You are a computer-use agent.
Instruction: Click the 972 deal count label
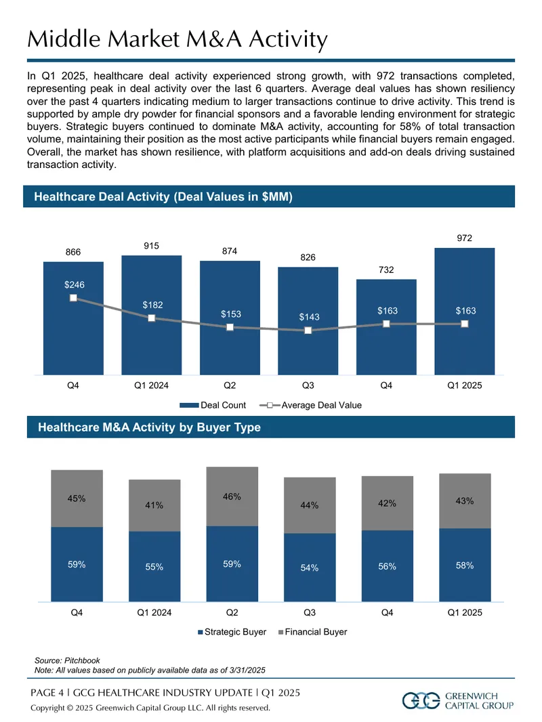click(x=464, y=238)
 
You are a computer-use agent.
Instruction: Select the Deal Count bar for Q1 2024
click(x=152, y=315)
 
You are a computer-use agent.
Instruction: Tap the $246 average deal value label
click(x=74, y=284)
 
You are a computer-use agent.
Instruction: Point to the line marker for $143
click(x=308, y=330)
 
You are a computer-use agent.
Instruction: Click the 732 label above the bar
click(x=386, y=270)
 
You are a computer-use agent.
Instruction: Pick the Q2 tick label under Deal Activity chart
click(x=230, y=385)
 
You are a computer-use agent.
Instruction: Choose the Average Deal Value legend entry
click(x=310, y=405)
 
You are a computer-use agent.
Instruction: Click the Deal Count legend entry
click(x=213, y=405)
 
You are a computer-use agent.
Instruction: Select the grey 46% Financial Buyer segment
click(x=232, y=496)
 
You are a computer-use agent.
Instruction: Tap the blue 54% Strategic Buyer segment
click(x=310, y=568)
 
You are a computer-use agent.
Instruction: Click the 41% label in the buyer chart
click(x=154, y=505)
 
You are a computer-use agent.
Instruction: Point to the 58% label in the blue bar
click(x=465, y=566)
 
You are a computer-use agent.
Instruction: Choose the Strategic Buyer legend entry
click(x=232, y=632)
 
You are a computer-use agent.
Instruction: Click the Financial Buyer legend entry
click(x=313, y=632)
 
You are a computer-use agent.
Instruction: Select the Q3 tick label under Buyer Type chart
click(x=310, y=612)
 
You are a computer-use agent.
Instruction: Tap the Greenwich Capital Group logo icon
click(x=421, y=700)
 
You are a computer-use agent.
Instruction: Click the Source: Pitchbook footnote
click(x=67, y=660)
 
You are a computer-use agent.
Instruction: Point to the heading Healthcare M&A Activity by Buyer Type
click(x=149, y=427)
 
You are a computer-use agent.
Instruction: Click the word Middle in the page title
click(x=64, y=39)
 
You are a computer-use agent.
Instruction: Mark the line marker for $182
click(x=152, y=318)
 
